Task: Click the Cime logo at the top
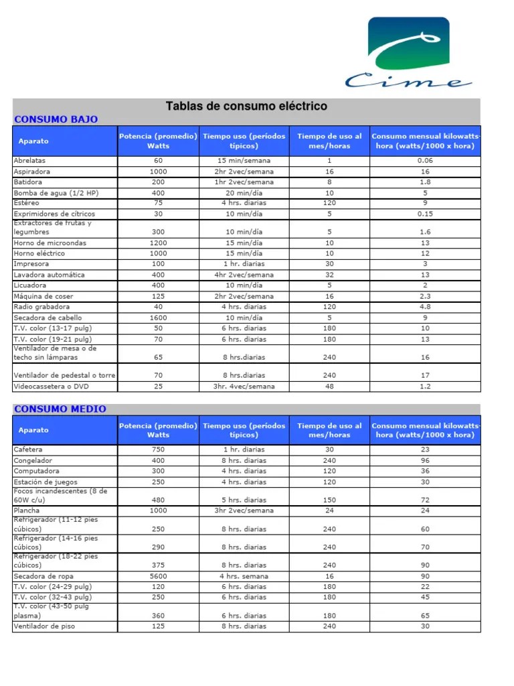[x=408, y=54]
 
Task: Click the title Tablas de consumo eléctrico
[x=246, y=107]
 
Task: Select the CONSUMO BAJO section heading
[x=56, y=119]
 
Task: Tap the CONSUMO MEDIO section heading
[x=60, y=409]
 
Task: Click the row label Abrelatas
[x=30, y=161]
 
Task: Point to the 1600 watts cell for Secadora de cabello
[x=158, y=318]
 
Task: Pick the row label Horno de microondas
[x=50, y=243]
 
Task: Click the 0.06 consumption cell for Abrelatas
[x=425, y=161]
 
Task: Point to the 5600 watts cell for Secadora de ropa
[x=158, y=576]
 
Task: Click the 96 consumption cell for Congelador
[x=425, y=460]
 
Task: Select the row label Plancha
[x=27, y=510]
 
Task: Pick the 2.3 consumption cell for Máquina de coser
[x=425, y=296]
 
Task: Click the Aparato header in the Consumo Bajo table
[x=33, y=141]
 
